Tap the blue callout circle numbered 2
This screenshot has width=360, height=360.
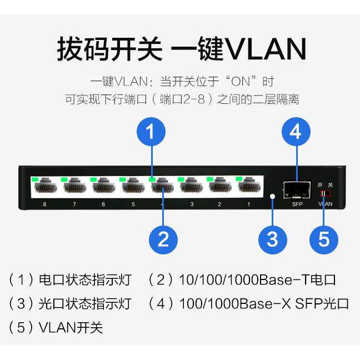coord(163,240)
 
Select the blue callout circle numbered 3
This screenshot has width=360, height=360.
coord(272,239)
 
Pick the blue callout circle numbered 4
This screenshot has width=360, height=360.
coord(296,132)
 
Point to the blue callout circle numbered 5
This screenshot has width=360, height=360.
coord(324,239)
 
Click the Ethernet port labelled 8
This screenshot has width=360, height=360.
coord(44,189)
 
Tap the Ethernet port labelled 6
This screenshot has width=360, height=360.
coord(103,189)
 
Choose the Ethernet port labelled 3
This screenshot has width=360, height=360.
coord(191,189)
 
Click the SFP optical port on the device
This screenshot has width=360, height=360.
coord(297,190)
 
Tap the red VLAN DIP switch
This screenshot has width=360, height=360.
coord(324,193)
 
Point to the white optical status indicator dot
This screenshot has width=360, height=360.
coord(272,197)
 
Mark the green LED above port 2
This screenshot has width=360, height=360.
coord(210,179)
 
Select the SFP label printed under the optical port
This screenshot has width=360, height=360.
coord(297,204)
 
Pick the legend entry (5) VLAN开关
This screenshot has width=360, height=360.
coord(56,327)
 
